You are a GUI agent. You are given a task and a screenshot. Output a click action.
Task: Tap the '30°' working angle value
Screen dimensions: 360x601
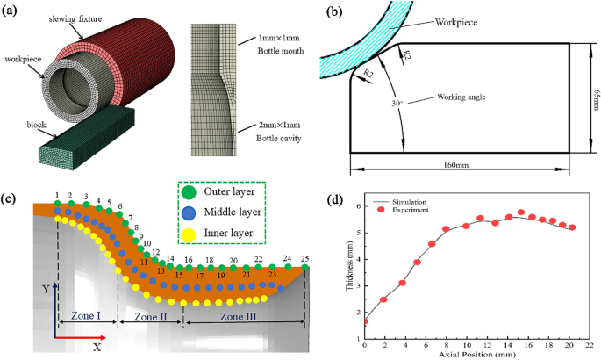(399, 101)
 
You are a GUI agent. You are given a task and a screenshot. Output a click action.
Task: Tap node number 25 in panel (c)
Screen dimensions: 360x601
(305, 259)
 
